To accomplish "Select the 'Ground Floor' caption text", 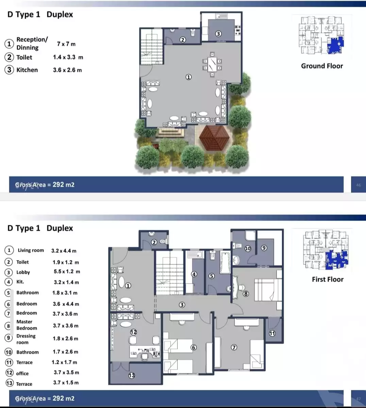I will pos(322,66).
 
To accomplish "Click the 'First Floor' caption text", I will pos(328,279).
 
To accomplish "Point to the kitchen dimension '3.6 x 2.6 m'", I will pos(67,70).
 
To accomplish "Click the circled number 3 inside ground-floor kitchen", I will pos(218,34).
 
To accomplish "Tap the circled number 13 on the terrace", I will pos(132,375).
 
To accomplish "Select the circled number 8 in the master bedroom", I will pos(246,294).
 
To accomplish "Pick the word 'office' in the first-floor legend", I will pos(22,373).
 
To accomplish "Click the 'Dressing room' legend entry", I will pos(26,339).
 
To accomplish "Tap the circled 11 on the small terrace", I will pos(272,333).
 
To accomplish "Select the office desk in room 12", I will pos(145,352).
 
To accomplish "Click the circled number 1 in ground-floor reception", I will pos(188,77).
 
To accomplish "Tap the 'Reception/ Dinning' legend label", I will pos(32,44).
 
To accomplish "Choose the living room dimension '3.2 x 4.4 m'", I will pos(64,251).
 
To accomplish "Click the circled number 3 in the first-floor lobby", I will pos(182,305).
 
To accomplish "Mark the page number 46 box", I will pos(358,185).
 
